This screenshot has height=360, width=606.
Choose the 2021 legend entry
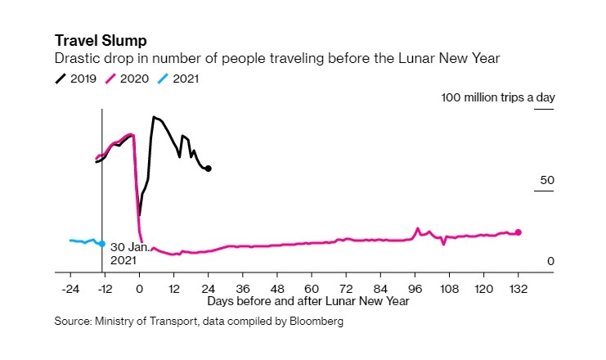[179, 79]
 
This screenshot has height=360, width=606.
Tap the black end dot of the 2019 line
[209, 169]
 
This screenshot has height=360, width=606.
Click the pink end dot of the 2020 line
[518, 232]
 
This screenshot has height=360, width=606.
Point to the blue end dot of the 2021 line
[101, 244]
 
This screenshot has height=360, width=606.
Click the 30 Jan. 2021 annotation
[128, 253]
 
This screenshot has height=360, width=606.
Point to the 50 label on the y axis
[548, 180]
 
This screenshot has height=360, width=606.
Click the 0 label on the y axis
[551, 261]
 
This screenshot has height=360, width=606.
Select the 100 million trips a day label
[498, 97]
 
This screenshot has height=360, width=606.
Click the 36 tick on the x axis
[243, 288]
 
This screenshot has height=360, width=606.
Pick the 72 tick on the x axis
[346, 288]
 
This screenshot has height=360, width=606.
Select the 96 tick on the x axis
[415, 288]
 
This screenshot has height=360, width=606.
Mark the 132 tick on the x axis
[518, 288]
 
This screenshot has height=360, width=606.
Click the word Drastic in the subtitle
[75, 58]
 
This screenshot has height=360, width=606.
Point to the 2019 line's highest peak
[153, 117]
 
